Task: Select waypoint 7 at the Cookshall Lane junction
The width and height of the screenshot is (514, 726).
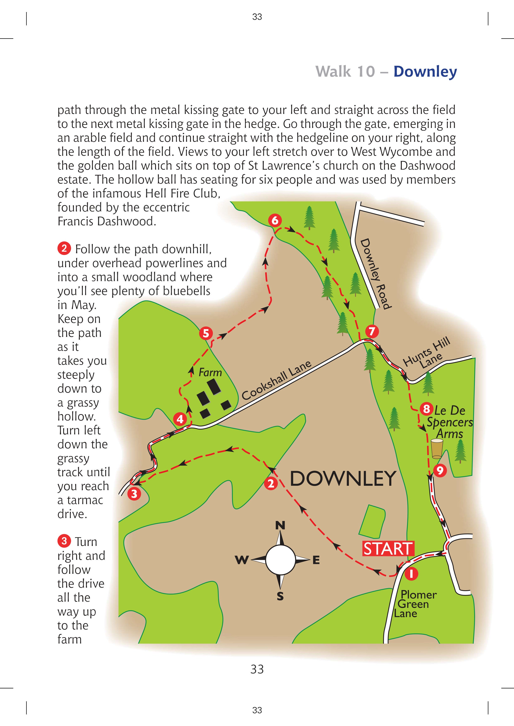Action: pyautogui.click(x=372, y=331)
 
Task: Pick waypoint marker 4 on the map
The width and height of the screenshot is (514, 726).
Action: pyautogui.click(x=180, y=419)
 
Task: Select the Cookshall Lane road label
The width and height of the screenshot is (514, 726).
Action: pyautogui.click(x=276, y=380)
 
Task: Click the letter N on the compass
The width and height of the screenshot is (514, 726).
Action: pyautogui.click(x=280, y=525)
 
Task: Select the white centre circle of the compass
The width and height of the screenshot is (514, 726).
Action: pyautogui.click(x=281, y=560)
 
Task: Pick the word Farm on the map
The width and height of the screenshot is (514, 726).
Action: pyautogui.click(x=210, y=373)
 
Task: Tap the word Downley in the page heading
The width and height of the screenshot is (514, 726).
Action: pyautogui.click(x=425, y=72)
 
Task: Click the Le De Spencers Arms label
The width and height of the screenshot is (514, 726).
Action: pyautogui.click(x=450, y=422)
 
